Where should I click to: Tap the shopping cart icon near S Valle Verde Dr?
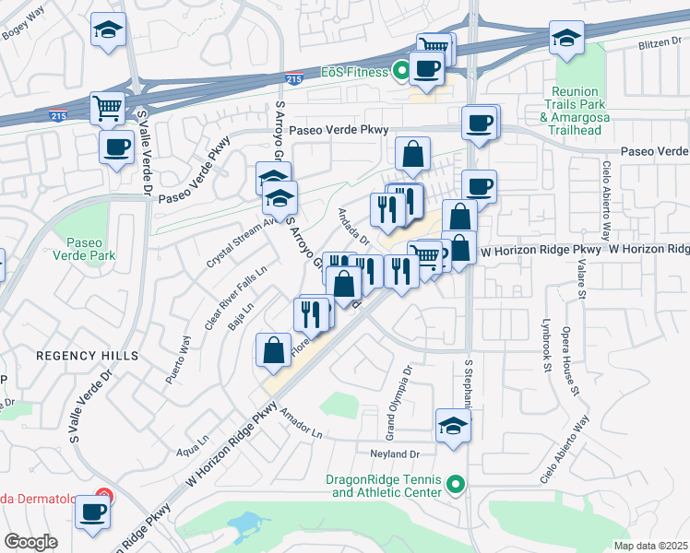(108, 109)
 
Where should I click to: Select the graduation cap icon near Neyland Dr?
(453, 426)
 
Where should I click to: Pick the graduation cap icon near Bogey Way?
(109, 32)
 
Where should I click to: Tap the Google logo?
(30, 542)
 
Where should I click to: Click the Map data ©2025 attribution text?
(650, 546)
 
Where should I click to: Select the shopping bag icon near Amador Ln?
(274, 350)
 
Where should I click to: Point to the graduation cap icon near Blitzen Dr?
(565, 38)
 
